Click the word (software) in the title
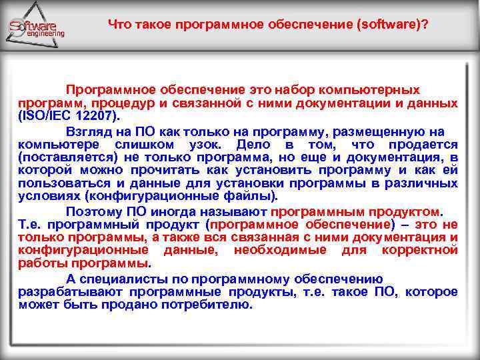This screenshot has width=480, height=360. point(393,25)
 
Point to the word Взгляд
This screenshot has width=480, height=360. point(89,131)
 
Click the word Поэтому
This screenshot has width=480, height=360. point(91,211)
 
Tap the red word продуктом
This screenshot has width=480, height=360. point(402,211)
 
